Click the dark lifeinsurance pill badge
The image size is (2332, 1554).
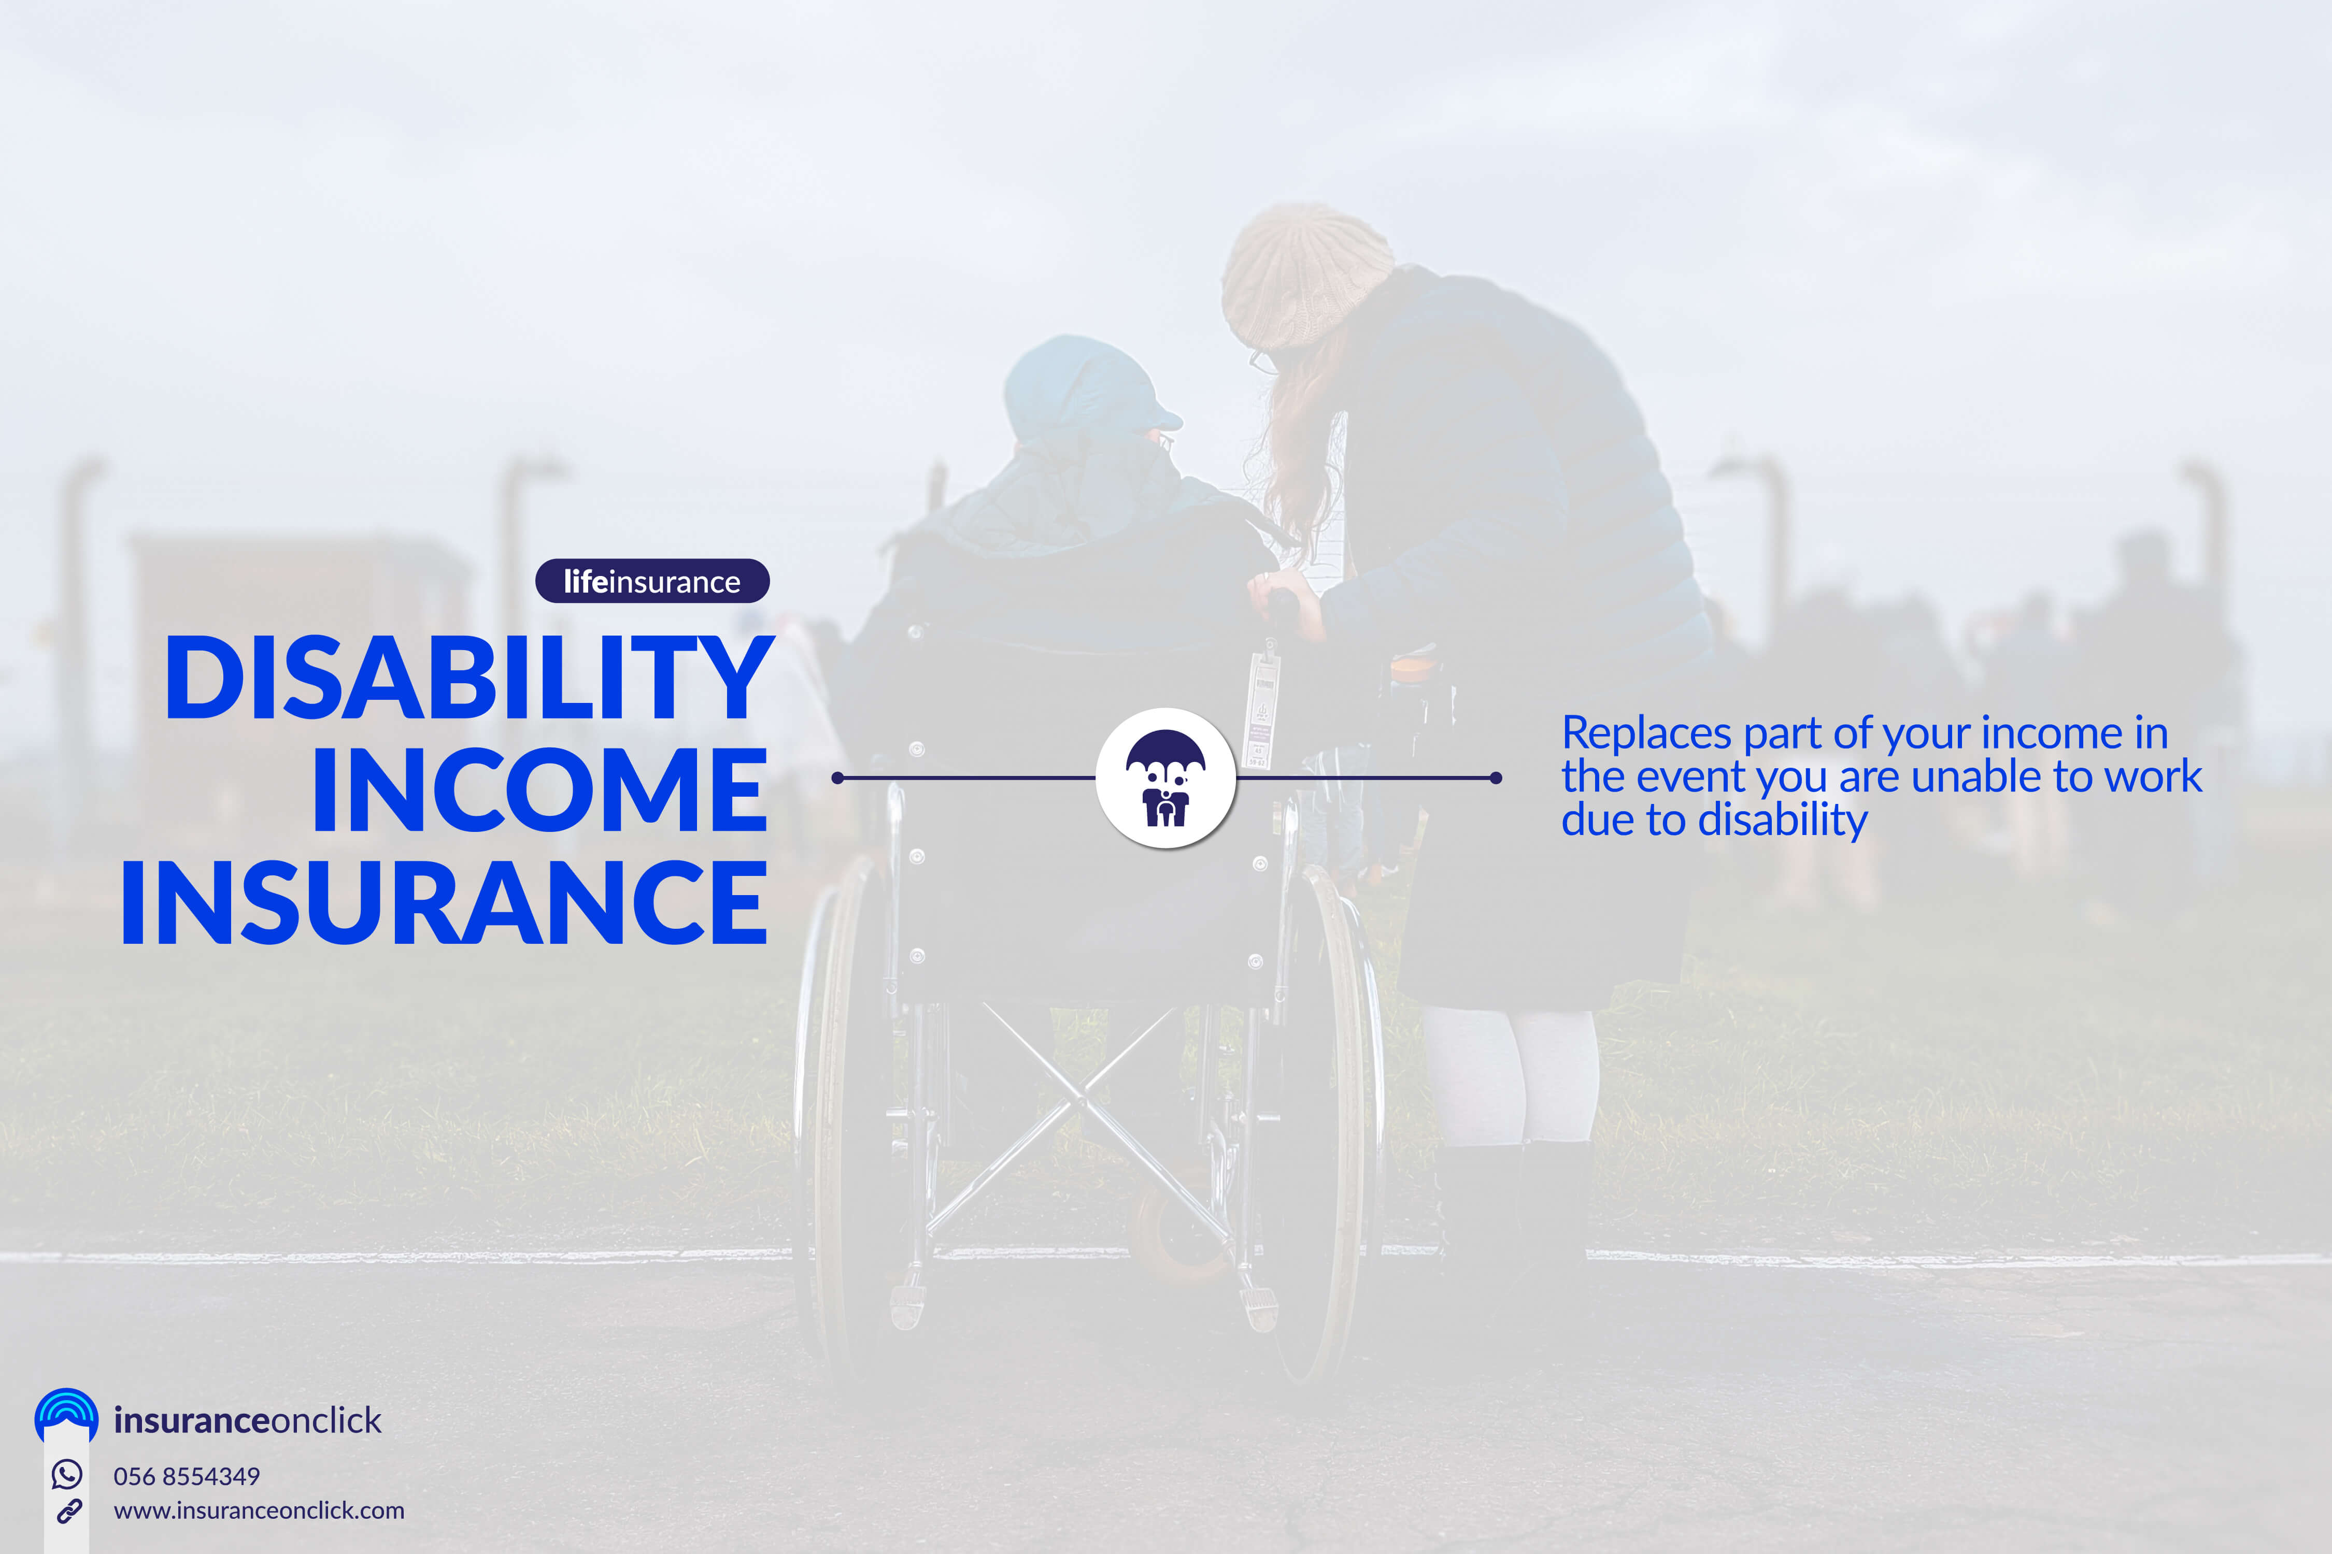[652, 581]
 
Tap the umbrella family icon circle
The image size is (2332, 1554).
[1166, 778]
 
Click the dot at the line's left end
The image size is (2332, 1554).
[838, 778]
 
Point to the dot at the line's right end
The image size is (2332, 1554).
[1496, 778]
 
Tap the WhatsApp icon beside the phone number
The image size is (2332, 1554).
[66, 1475]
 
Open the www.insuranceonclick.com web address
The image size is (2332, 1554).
[259, 1510]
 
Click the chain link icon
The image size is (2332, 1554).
[68, 1512]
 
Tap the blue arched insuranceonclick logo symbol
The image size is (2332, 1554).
[66, 1415]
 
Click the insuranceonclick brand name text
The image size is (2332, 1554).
[247, 1420]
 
